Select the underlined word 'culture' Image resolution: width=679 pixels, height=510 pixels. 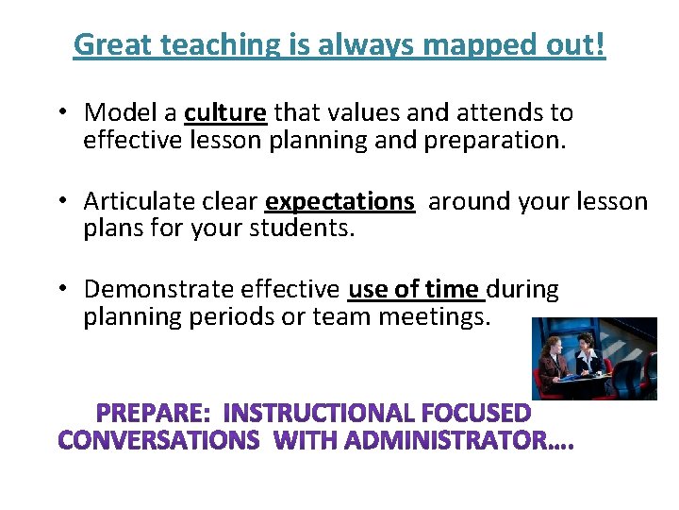pos(226,113)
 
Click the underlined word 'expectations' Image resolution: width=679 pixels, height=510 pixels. pos(340,202)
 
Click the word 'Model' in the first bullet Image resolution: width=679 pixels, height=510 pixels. pos(122,113)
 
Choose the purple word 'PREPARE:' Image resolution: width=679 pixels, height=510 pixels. pos(154,414)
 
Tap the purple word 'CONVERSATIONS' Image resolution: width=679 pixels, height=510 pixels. pos(159,441)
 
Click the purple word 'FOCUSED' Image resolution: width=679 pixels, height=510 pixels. pos(477,414)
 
